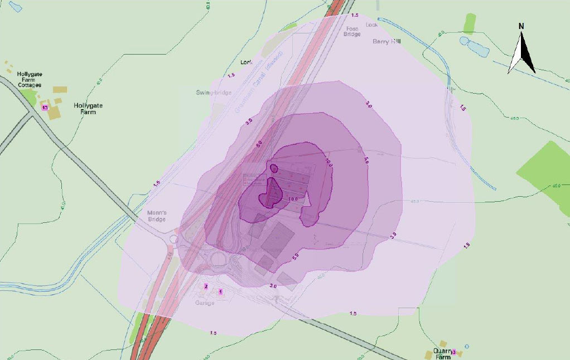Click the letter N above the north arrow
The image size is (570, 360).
click(x=521, y=26)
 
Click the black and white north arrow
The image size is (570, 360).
click(x=522, y=53)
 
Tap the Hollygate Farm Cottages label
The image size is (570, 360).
click(x=30, y=79)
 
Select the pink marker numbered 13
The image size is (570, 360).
click(x=45, y=107)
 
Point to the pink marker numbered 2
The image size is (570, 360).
click(x=206, y=286)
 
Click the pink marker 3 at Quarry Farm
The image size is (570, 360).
click(x=453, y=352)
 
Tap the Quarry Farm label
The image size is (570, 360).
click(x=443, y=354)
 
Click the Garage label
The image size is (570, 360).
click(x=205, y=303)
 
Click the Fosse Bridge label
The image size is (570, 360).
click(x=352, y=32)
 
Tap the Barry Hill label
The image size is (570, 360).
click(x=387, y=41)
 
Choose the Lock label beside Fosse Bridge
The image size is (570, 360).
click(x=371, y=25)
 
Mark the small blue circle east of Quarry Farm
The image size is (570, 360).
click(x=466, y=346)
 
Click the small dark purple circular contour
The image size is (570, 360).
click(x=273, y=167)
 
